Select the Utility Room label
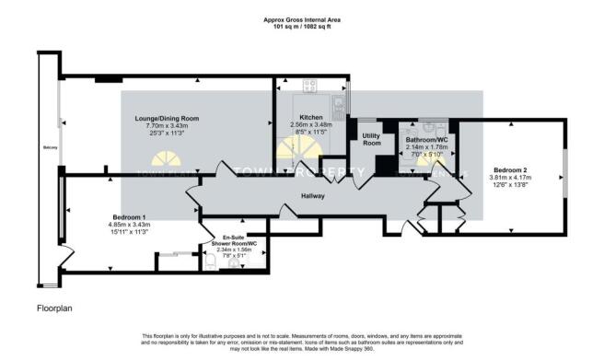(371, 139)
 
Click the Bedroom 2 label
(509, 170)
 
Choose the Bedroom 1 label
(118, 217)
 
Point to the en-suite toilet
(211, 263)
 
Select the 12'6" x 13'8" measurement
(509, 185)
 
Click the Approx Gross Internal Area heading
(301, 19)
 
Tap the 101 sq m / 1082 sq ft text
(301, 27)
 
